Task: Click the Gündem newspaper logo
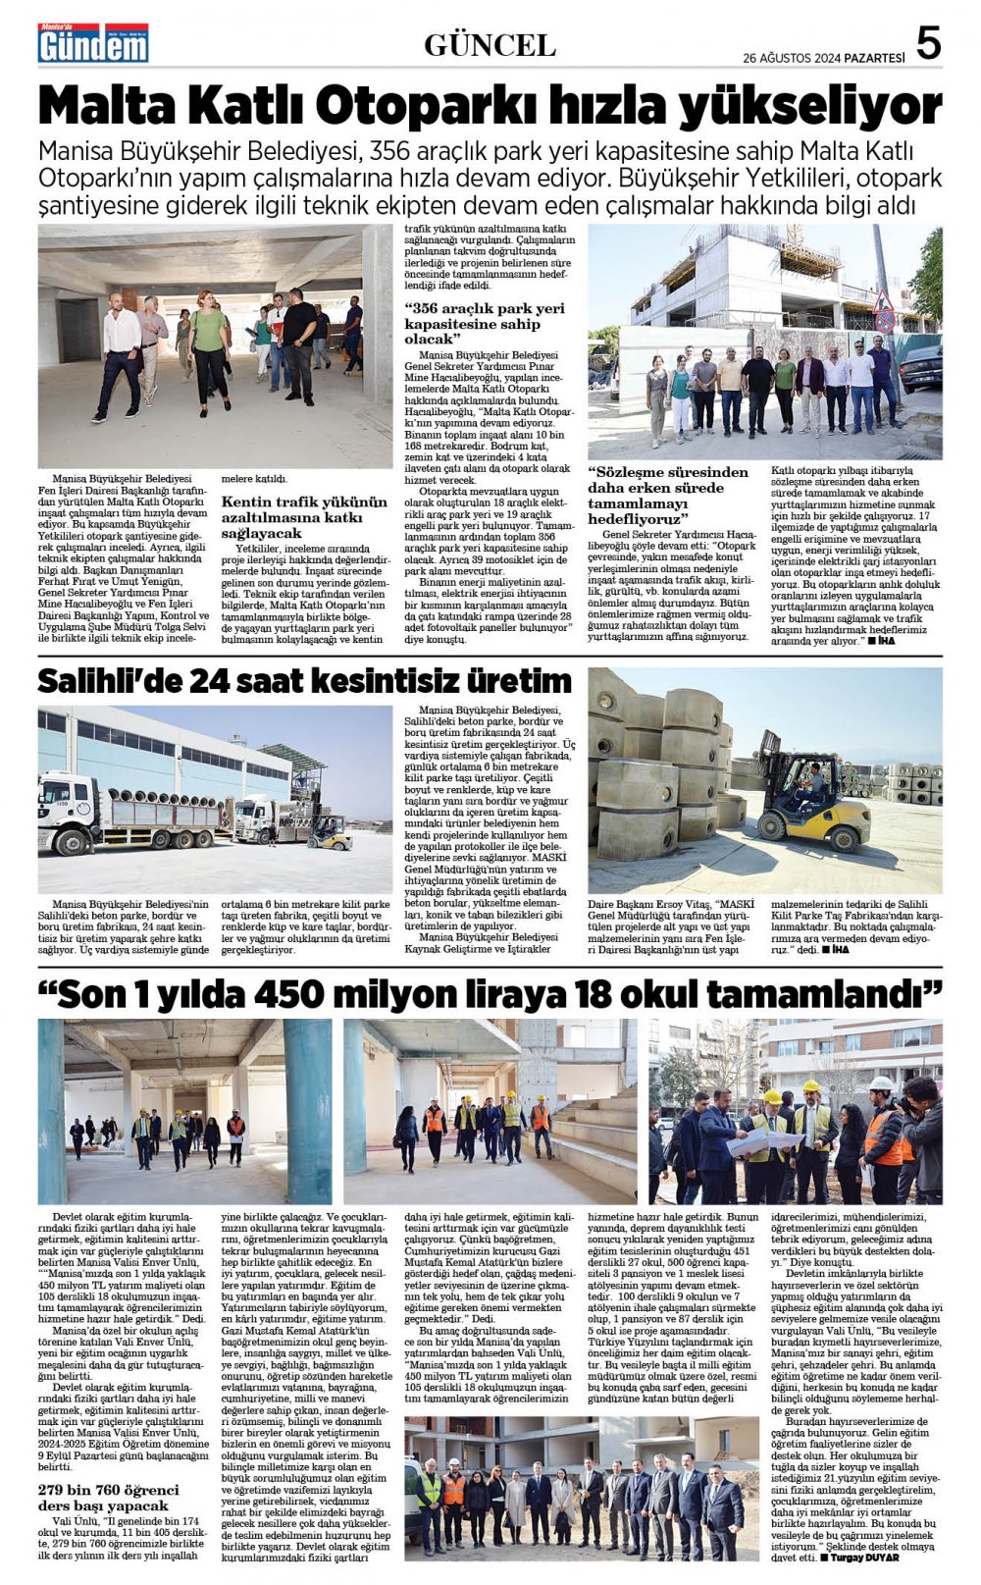click(x=93, y=43)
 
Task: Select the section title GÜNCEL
click(x=490, y=44)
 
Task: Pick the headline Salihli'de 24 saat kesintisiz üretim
click(x=304, y=680)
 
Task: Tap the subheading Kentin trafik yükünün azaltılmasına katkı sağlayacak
click(x=303, y=517)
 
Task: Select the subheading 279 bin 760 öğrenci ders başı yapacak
click(x=108, y=1498)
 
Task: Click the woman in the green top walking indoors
click(x=209, y=349)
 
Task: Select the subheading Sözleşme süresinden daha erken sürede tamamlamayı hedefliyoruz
click(x=667, y=495)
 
